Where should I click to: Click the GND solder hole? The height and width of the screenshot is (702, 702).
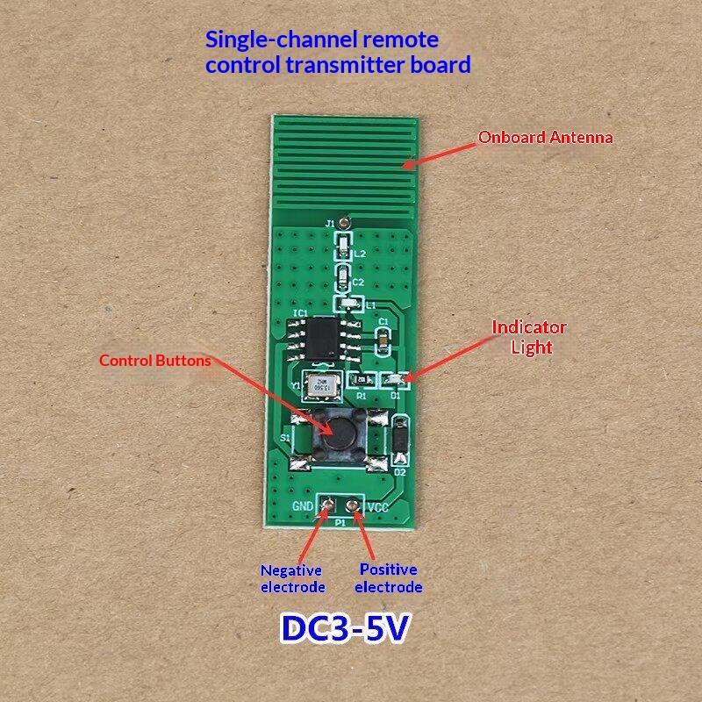[x=327, y=505]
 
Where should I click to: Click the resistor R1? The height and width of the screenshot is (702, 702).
[x=361, y=379]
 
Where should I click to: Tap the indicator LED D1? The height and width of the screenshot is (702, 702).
[x=395, y=379]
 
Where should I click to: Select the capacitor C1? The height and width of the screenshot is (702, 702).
[x=383, y=336]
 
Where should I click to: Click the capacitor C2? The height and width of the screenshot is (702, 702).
[x=345, y=282]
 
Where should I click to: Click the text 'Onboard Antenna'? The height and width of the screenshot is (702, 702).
[x=545, y=137]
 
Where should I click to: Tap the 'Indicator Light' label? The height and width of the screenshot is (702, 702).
[x=529, y=337]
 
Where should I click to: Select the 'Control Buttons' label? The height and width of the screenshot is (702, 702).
[x=154, y=360]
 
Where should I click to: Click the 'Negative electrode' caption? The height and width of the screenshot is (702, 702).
[x=292, y=579]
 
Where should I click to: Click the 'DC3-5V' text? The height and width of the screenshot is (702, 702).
[x=345, y=629]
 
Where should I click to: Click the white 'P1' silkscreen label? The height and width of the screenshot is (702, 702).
[x=340, y=521]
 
